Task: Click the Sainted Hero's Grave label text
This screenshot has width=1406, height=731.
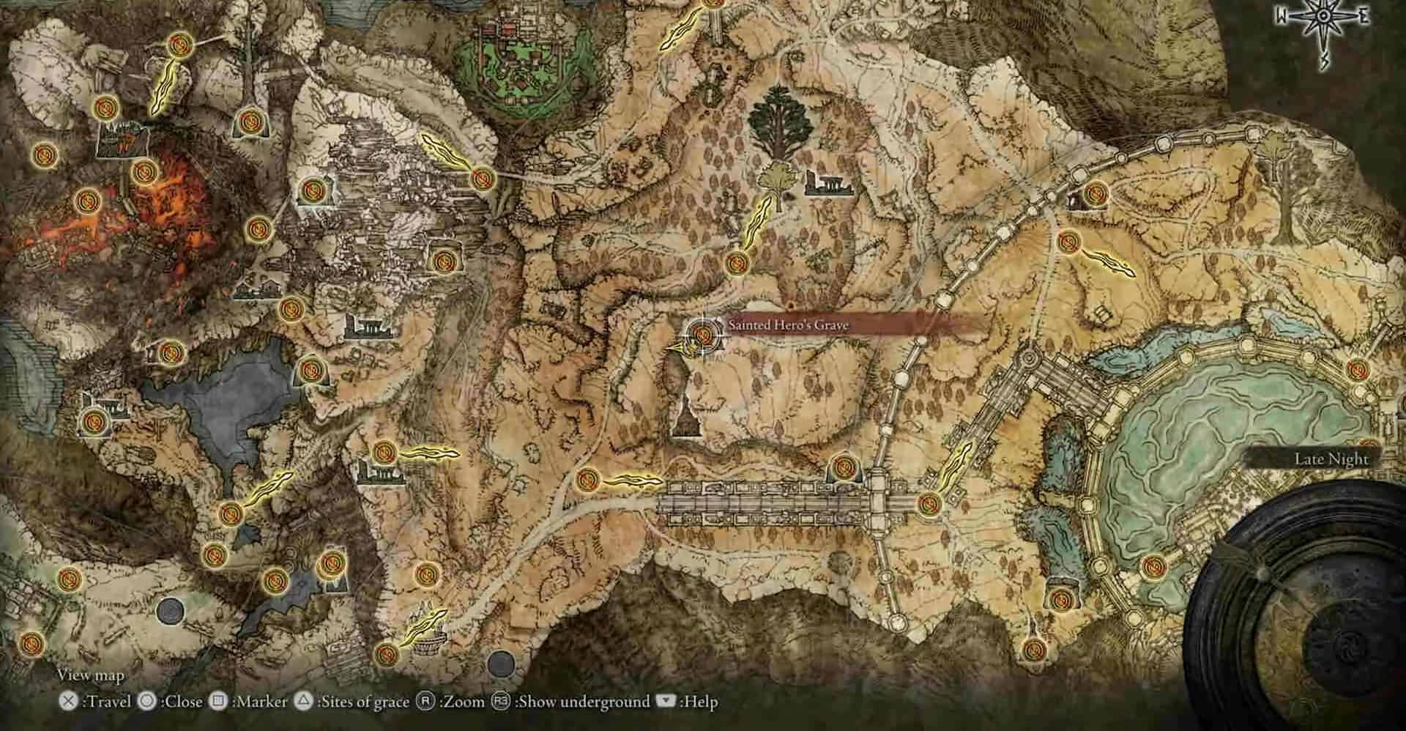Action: [x=788, y=324]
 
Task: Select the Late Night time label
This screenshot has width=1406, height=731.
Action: [x=1331, y=459]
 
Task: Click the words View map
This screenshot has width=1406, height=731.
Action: [x=91, y=675]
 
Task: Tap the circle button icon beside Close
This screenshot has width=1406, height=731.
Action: [x=147, y=702]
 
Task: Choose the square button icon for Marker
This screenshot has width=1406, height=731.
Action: [x=218, y=702]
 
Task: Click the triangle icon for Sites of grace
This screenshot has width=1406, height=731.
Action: [x=303, y=702]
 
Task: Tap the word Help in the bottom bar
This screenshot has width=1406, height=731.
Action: [x=700, y=702]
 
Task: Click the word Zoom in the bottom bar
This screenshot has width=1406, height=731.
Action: [x=463, y=702]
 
